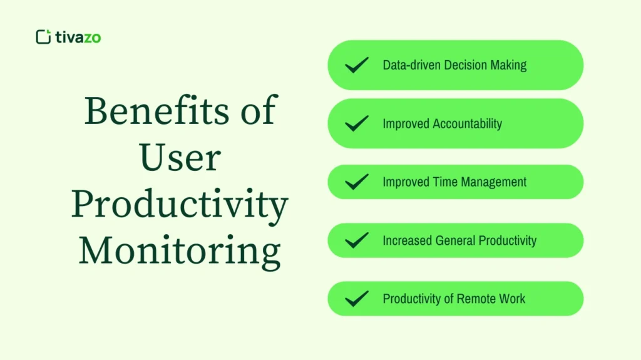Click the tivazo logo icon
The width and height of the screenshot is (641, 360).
coord(43,37)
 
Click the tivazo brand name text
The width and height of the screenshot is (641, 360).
coord(78,37)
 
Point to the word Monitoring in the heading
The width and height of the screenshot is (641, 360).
coord(180,250)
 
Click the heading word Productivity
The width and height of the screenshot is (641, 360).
coord(180,204)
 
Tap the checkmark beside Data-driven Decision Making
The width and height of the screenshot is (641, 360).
coord(357,65)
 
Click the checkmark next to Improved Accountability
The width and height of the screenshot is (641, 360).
coord(357,123)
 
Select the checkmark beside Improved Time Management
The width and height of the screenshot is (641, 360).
coord(357,182)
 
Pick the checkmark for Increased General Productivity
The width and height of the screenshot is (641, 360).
coord(357,240)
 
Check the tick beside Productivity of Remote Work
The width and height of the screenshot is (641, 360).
coord(357,299)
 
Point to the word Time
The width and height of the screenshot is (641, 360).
coord(446,182)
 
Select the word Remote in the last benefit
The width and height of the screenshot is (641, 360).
coord(476,299)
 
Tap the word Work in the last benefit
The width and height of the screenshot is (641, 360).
coord(513,299)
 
